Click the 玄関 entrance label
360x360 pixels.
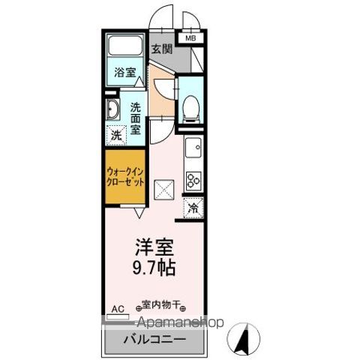pos(162,50)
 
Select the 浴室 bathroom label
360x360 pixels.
pos(125,73)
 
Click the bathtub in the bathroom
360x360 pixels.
pos(125,47)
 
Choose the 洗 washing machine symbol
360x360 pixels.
pos(116,136)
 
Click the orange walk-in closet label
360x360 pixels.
pos(125,177)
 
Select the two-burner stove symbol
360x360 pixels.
pos(193,180)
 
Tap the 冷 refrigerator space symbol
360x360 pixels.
pos(193,208)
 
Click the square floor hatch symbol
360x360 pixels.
pos(163,189)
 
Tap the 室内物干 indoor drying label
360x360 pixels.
pos(161,305)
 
